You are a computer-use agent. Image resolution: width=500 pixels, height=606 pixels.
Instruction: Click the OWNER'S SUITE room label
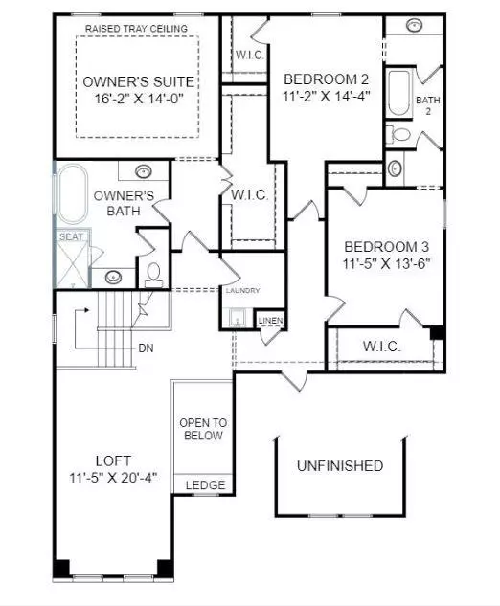pos(139,81)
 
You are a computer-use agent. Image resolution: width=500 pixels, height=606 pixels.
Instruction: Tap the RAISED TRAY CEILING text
pos(136,29)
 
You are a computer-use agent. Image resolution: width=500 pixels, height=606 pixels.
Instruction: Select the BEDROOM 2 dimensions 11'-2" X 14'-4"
pos(327,96)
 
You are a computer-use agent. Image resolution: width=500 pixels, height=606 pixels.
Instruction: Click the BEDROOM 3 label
pos(386,247)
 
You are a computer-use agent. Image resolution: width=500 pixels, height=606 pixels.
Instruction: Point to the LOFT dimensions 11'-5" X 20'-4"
pos(113,478)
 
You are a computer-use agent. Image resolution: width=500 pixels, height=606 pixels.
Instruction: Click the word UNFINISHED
pos(340,465)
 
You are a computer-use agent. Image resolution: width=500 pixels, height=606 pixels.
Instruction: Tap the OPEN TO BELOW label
pos(203,430)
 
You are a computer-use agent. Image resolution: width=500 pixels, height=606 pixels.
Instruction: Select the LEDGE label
pos(205,485)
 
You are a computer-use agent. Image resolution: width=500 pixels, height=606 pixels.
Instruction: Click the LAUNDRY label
pos(243,290)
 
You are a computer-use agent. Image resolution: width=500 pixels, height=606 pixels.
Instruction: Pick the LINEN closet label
pos(271,321)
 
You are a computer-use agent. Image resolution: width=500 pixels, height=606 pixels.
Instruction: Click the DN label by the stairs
pos(146,348)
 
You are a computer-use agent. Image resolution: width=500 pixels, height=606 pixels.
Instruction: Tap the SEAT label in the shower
pos(71,236)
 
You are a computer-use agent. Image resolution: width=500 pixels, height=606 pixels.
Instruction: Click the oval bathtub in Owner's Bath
pos(72,194)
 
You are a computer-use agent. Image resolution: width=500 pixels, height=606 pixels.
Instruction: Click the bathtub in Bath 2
pos(398,93)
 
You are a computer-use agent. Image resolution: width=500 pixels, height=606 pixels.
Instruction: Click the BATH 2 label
pos(428,105)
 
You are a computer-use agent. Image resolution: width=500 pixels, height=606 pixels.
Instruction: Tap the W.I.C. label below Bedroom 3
pos(381,347)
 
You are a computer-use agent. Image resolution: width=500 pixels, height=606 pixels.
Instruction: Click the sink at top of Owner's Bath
pos(144,170)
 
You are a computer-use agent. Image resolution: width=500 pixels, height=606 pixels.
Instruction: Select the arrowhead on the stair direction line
pos(87,310)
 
